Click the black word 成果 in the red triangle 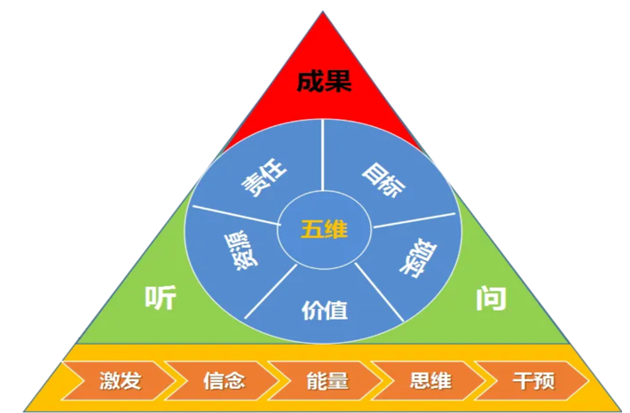324,82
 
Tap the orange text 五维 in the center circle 324,230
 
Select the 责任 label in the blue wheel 264,178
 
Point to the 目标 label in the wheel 383,179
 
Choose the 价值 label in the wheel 324,310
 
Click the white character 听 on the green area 161,298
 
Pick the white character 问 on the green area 491,298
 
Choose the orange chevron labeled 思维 429,381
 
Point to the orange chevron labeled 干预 532,381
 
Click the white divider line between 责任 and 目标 323,155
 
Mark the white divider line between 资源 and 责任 236,215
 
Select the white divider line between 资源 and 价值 271,291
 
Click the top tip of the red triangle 323,12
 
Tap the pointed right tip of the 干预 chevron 589,381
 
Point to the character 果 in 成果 338,82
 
